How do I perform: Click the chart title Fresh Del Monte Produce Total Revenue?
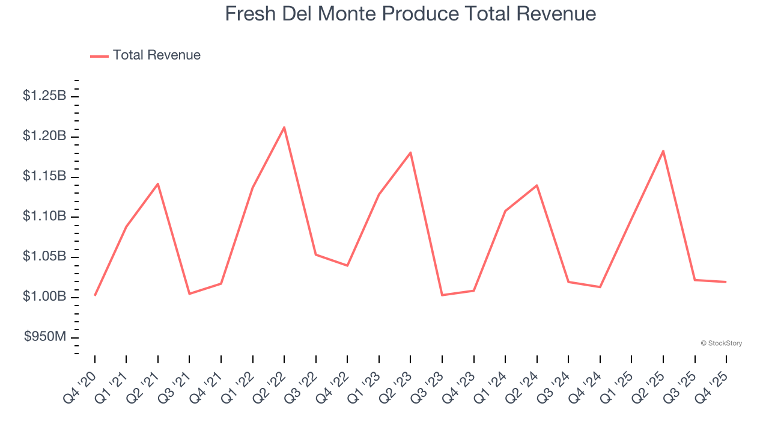tap(410, 14)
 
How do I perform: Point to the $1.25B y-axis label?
tap(44, 96)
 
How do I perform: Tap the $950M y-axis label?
tap(45, 337)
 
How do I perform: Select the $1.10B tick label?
tap(44, 216)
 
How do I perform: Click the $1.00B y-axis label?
tap(44, 296)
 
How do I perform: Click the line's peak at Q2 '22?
tap(284, 127)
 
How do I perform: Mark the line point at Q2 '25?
tap(663, 150)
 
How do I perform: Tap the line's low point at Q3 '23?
tap(442, 295)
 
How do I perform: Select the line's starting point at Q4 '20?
tap(95, 295)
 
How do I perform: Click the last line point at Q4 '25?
tap(726, 281)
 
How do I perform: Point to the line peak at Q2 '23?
tap(410, 152)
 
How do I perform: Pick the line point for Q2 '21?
tap(158, 183)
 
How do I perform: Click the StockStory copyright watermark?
tap(721, 343)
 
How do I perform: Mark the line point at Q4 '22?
tap(347, 265)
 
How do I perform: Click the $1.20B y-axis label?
tap(44, 136)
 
